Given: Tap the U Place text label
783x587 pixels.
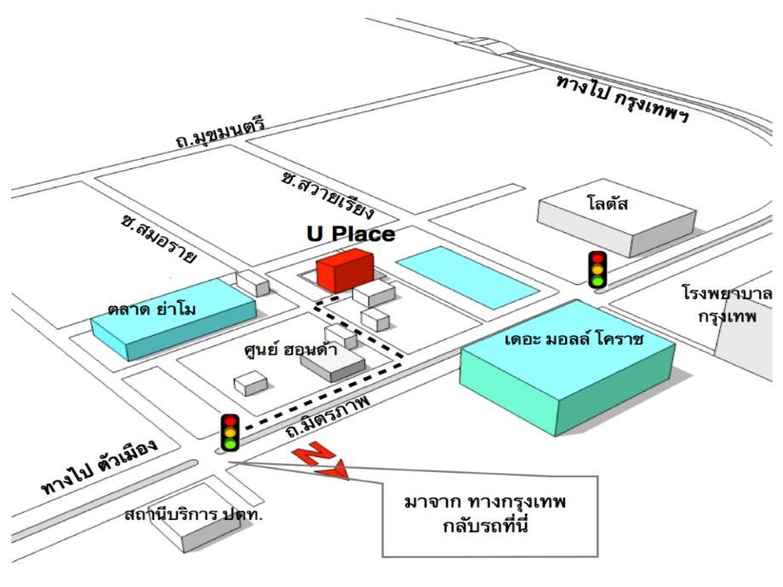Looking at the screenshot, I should (x=351, y=233).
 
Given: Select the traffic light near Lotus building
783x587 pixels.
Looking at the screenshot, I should (x=598, y=268).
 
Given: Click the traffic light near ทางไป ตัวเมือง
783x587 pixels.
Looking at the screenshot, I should (x=229, y=432).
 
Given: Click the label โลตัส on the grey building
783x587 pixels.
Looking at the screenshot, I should (x=607, y=204).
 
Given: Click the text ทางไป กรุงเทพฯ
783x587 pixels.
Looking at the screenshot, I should (x=621, y=99).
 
